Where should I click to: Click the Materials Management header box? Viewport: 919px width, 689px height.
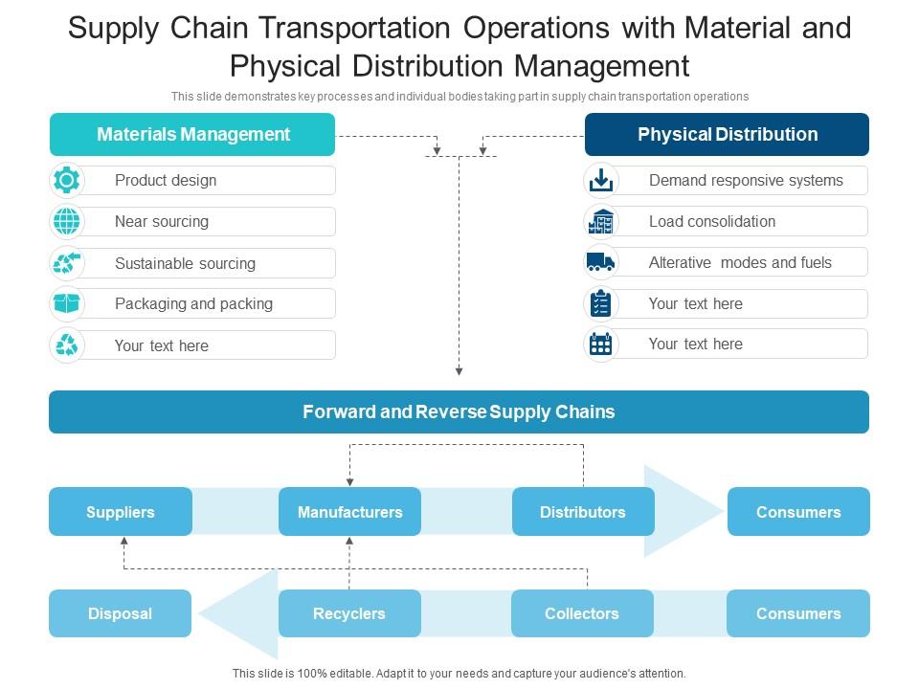tap(192, 134)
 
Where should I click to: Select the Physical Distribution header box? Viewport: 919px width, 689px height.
tap(727, 134)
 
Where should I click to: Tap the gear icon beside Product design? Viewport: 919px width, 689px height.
tap(67, 180)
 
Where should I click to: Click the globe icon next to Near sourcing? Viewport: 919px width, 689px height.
tap(67, 221)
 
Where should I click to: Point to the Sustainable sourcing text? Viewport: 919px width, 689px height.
tap(185, 263)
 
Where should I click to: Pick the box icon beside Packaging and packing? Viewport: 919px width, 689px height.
tap(67, 303)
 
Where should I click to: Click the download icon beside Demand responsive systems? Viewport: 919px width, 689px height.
tap(600, 180)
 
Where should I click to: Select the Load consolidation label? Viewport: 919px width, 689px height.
tap(712, 221)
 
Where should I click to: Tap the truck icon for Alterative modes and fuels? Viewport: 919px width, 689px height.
tap(600, 262)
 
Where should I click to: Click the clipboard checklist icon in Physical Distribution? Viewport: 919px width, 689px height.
tap(600, 303)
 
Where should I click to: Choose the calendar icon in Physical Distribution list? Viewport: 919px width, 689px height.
tap(600, 344)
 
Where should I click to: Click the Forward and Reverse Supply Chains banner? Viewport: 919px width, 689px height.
tap(459, 412)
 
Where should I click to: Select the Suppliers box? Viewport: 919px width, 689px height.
tap(121, 512)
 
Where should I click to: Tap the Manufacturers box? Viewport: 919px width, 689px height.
tap(349, 512)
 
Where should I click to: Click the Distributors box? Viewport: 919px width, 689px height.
tap(583, 512)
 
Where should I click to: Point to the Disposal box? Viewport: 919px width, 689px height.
tap(121, 613)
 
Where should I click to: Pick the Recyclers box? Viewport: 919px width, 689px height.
tap(349, 613)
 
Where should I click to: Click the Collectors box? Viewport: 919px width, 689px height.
tap(582, 613)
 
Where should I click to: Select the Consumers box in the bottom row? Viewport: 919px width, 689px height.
tap(798, 613)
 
